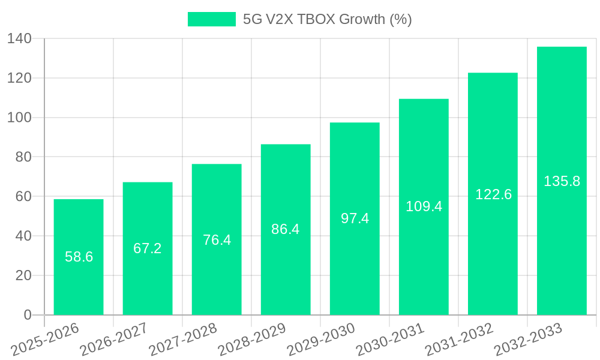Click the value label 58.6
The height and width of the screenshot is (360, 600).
click(79, 257)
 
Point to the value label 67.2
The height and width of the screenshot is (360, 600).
click(148, 248)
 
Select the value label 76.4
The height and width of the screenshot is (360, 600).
click(217, 240)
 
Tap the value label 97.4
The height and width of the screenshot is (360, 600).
click(355, 218)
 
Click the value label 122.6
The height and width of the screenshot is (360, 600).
click(493, 194)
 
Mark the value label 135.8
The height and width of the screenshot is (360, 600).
click(562, 181)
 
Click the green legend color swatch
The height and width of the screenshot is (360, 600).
click(212, 19)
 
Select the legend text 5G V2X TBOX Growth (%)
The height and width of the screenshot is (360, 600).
click(327, 19)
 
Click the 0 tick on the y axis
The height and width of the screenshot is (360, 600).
click(27, 315)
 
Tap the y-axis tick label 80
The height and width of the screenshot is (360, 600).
click(23, 157)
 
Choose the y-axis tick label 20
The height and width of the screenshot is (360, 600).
click(23, 275)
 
